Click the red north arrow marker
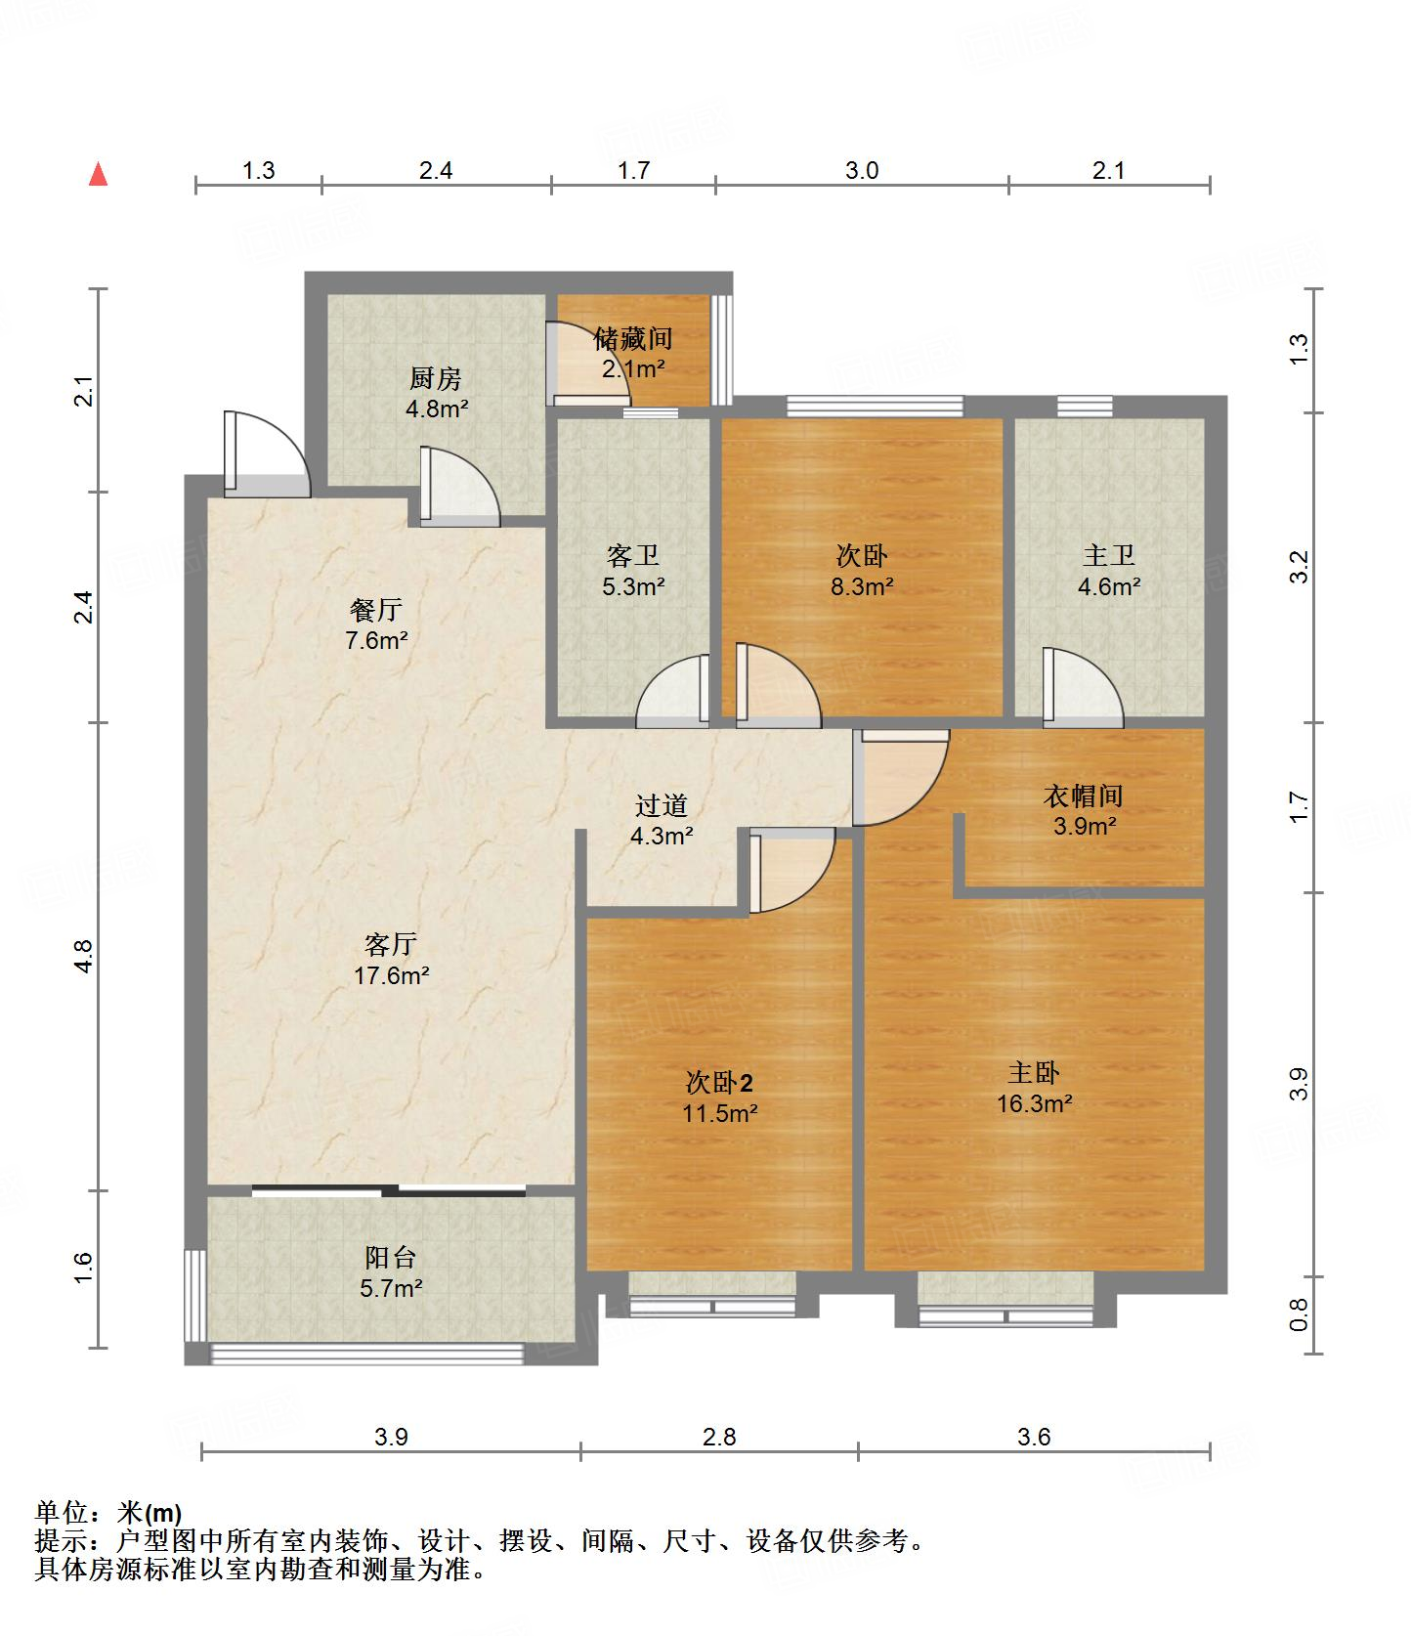[x=98, y=174]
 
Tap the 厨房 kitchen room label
[x=436, y=377]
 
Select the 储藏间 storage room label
[x=633, y=338]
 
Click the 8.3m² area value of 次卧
[x=862, y=586]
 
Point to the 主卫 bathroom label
[x=1108, y=555]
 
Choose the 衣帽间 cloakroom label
[x=1084, y=796]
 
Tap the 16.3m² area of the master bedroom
[x=1034, y=1103]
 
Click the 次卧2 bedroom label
[x=719, y=1082]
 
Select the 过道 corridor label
[x=662, y=805]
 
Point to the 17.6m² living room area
[x=391, y=974]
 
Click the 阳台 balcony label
[x=390, y=1257]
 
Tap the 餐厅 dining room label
[x=376, y=610]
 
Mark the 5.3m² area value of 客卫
[x=633, y=586]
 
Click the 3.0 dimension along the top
[x=862, y=171]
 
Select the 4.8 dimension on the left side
[x=85, y=956]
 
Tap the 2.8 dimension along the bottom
[x=719, y=1437]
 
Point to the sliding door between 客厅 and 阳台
[x=389, y=1190]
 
